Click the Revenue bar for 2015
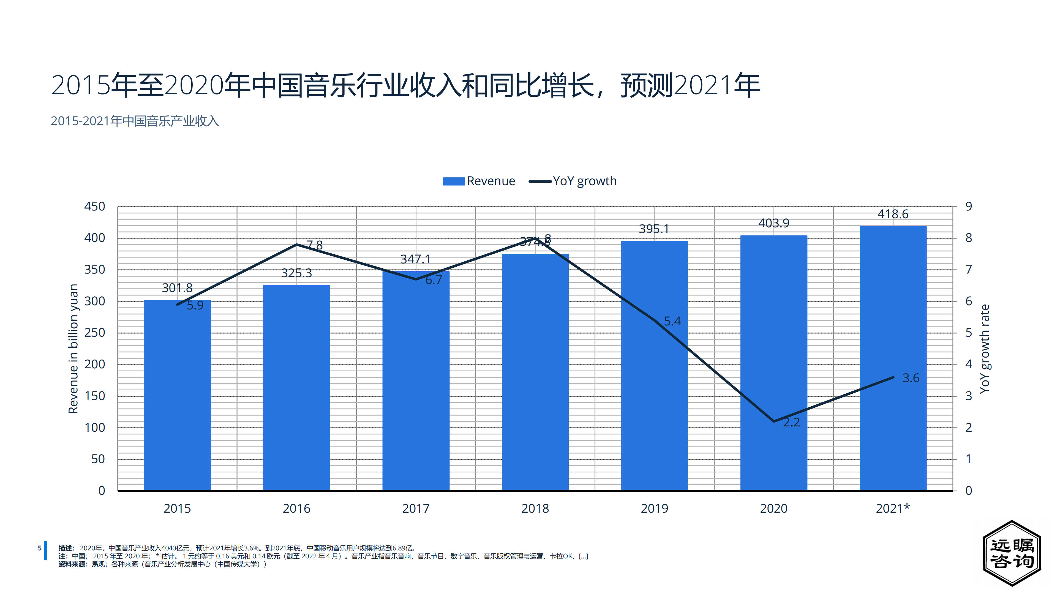point(177,394)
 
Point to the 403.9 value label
point(773,223)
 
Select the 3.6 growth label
point(911,378)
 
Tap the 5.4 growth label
point(672,321)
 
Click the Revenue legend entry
point(479,181)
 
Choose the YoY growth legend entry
point(573,181)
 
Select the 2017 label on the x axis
point(416,508)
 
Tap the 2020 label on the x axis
point(773,508)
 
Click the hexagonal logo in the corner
point(1012,553)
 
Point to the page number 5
point(39,548)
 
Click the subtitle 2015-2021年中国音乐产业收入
point(135,121)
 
